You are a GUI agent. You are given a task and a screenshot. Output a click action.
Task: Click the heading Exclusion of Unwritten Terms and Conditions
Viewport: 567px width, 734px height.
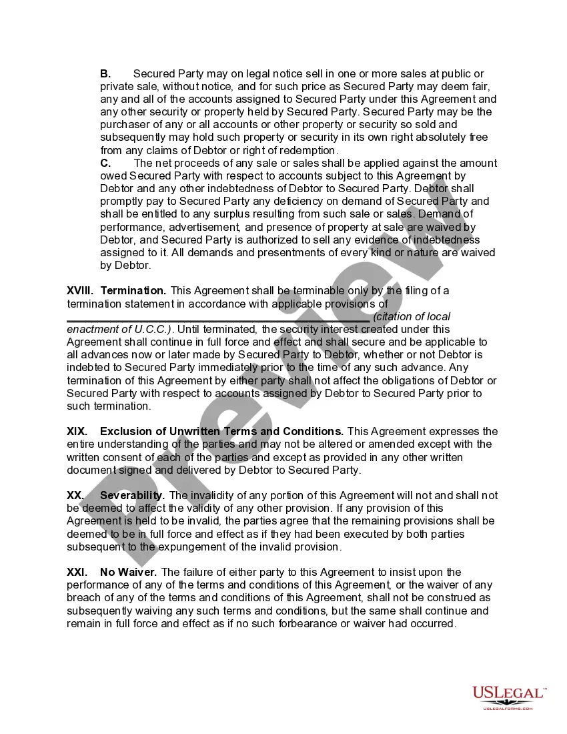222,432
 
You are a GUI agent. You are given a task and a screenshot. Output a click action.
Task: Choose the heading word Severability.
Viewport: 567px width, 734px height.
132,496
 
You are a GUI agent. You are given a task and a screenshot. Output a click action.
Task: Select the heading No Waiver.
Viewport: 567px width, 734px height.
129,573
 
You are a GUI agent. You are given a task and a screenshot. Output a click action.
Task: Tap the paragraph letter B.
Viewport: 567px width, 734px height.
105,74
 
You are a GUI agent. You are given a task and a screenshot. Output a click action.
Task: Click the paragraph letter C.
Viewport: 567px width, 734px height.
105,163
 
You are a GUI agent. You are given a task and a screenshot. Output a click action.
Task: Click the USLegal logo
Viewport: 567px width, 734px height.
509,697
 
